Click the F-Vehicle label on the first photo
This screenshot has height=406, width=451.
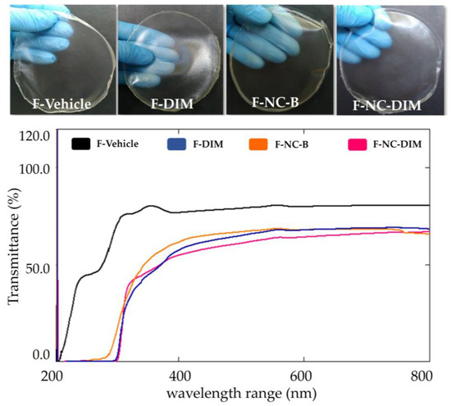[x=57, y=104]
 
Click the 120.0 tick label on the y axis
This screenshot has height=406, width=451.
[x=34, y=135]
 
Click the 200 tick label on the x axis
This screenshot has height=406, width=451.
[x=52, y=374]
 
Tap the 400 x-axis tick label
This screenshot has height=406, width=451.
[x=178, y=374]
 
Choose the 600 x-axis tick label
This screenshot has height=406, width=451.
[x=303, y=374]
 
